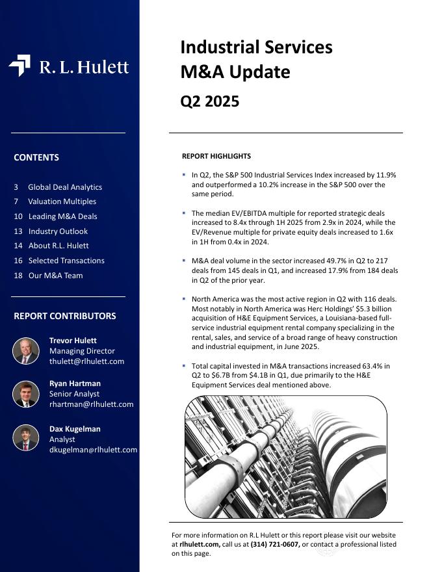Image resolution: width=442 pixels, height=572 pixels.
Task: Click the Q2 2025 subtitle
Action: tap(209, 101)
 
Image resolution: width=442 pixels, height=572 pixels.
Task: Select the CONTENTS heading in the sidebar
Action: tap(36, 157)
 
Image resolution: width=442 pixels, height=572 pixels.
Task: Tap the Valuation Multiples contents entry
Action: tap(62, 201)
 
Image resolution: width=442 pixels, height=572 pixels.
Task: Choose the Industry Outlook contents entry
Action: tap(58, 231)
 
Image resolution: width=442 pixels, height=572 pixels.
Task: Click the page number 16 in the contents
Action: tap(18, 261)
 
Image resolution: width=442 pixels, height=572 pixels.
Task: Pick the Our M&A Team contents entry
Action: tap(55, 276)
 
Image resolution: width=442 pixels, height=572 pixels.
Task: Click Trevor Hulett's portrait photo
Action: tap(26, 351)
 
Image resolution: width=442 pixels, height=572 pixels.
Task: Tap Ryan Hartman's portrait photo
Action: tap(26, 394)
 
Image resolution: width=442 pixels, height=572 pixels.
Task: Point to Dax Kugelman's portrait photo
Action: tap(26, 437)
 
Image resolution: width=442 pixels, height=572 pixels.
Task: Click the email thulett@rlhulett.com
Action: tap(86, 361)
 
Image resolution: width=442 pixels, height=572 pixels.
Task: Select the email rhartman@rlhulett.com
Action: tap(91, 404)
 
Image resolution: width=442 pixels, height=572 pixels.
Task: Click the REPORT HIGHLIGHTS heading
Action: tap(216, 156)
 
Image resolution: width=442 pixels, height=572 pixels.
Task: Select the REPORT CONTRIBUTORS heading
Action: tap(65, 316)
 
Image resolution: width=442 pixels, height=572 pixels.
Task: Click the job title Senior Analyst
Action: tap(75, 394)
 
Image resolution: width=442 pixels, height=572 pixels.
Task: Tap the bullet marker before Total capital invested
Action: tap(184, 366)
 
